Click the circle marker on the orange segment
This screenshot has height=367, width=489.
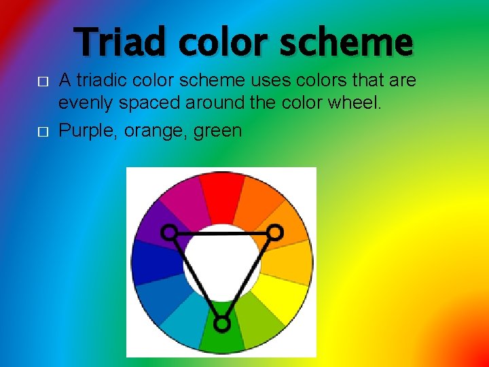pyautogui.click(x=274, y=232)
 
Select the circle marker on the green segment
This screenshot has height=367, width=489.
pyautogui.click(x=221, y=324)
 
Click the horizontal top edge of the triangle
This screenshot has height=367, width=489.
pyautogui.click(x=221, y=233)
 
